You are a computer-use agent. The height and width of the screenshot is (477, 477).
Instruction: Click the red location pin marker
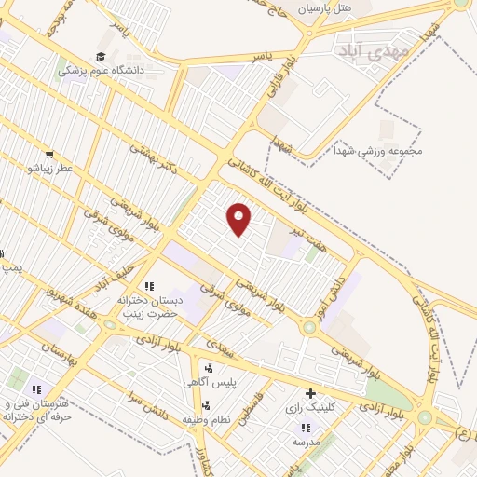[x=239, y=219]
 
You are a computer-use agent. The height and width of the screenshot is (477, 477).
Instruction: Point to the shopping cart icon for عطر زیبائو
[x=48, y=156]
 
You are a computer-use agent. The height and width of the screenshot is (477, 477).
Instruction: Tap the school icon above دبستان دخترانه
[x=149, y=286]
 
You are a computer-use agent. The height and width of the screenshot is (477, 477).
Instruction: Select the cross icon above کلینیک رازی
[x=310, y=393]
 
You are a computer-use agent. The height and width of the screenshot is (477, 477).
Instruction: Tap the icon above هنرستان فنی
[x=37, y=389]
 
